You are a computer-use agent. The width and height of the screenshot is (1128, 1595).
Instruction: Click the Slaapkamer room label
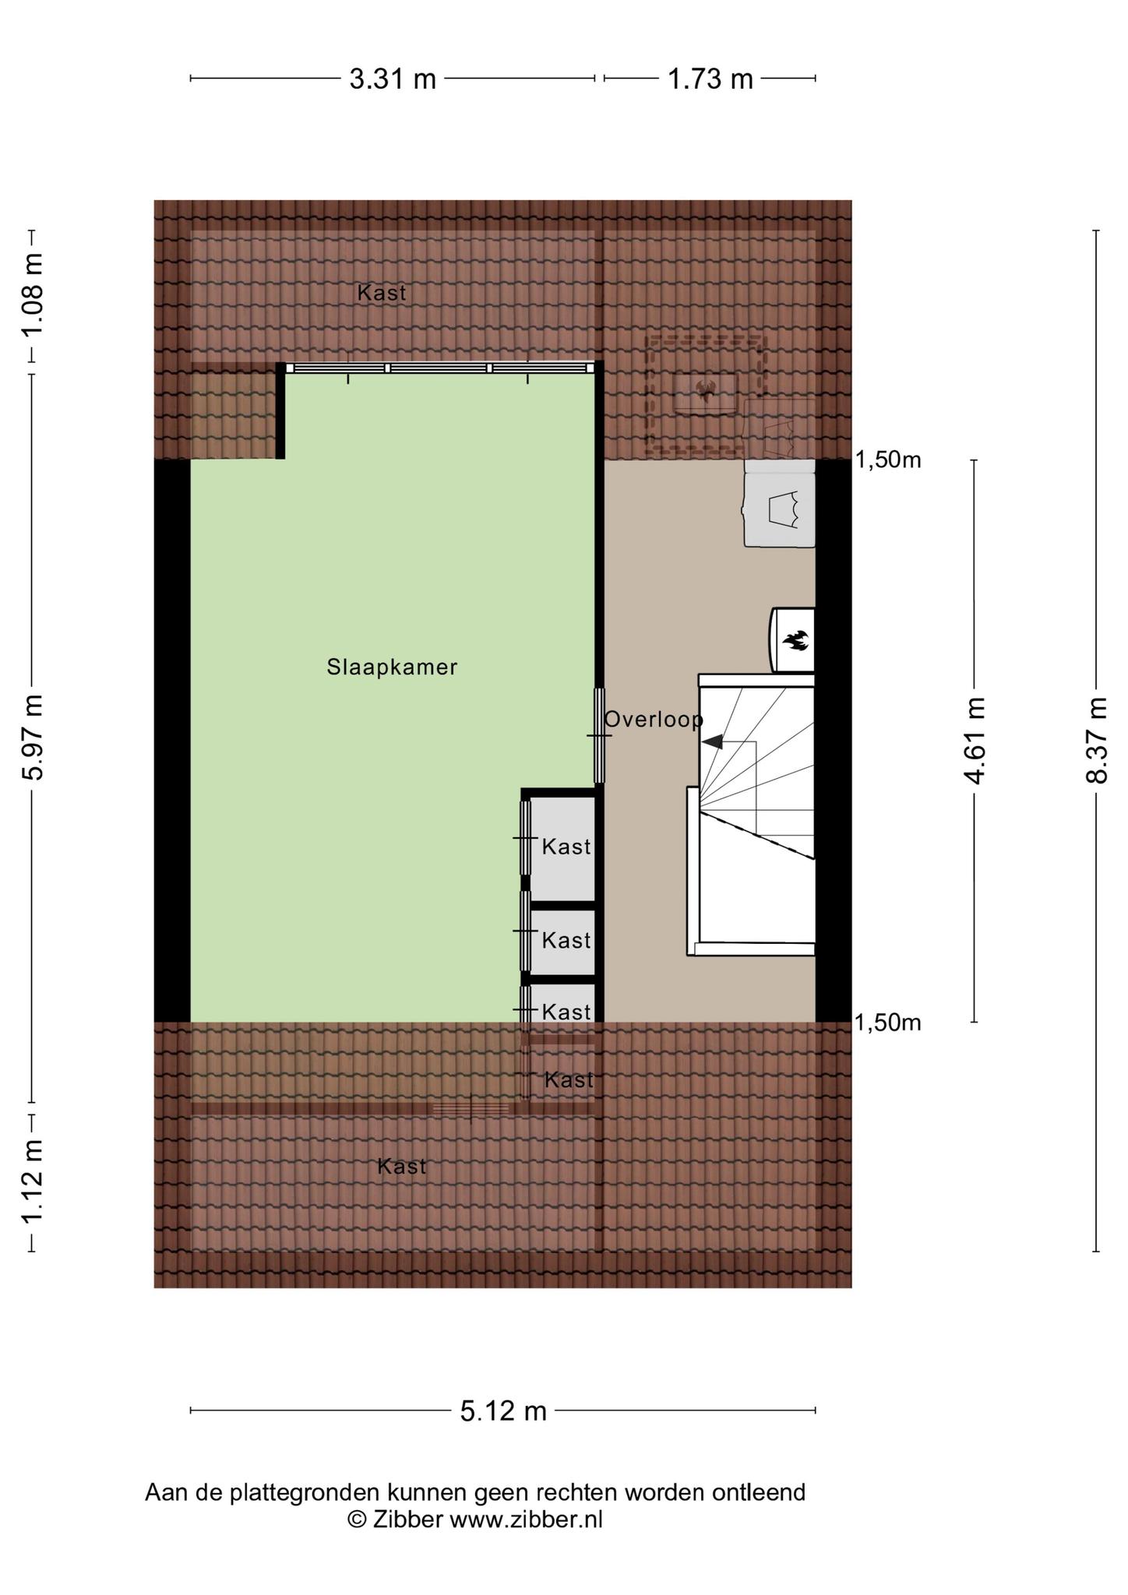(x=392, y=667)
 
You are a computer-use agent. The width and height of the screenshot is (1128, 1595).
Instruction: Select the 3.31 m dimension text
(x=393, y=79)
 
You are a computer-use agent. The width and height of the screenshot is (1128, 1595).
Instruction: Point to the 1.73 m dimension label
(x=710, y=79)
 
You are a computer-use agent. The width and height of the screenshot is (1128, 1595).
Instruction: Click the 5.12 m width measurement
(x=503, y=1410)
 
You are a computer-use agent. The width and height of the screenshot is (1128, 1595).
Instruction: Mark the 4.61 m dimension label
(x=975, y=741)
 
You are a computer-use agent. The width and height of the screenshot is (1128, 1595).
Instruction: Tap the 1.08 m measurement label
(x=33, y=296)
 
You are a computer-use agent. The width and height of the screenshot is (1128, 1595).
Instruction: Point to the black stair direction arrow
(x=712, y=742)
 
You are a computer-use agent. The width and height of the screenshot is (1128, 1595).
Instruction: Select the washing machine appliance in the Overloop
(x=779, y=504)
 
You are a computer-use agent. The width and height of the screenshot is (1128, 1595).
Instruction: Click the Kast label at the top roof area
(x=382, y=293)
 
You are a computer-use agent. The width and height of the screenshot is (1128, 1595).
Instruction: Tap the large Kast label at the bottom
(x=402, y=1166)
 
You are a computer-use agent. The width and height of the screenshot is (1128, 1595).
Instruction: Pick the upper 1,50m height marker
(x=888, y=460)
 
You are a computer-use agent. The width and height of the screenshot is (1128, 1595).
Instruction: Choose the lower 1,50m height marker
(x=888, y=1023)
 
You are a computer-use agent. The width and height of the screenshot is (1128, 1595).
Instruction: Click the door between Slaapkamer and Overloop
(x=599, y=735)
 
